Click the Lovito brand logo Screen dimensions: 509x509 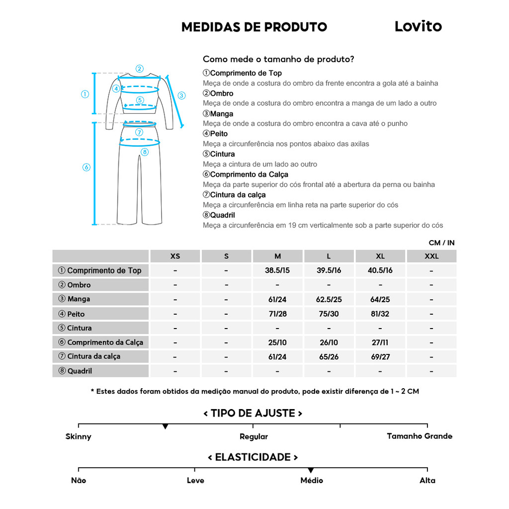click(x=418, y=26)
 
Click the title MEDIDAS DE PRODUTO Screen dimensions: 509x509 click(x=254, y=27)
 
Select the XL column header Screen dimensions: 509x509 click(x=380, y=256)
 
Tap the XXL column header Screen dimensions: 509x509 click(x=431, y=256)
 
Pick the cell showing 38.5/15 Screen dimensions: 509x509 click(x=277, y=271)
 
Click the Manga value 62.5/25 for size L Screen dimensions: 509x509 click(x=329, y=300)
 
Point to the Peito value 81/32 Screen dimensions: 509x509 click(x=380, y=314)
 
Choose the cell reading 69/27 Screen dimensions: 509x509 click(x=380, y=357)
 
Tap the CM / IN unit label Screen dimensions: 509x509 click(x=441, y=243)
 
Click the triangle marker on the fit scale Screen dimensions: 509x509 click(x=166, y=426)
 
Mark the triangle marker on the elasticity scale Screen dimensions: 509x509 click(x=311, y=470)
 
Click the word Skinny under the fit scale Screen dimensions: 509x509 click(x=79, y=437)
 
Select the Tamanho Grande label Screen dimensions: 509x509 click(x=420, y=436)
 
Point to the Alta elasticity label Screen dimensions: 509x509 click(x=427, y=481)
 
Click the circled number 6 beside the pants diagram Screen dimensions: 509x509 click(x=86, y=168)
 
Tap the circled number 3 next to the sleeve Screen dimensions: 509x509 click(x=181, y=95)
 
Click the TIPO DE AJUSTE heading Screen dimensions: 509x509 click(x=253, y=414)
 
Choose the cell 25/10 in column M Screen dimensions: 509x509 click(x=277, y=342)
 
